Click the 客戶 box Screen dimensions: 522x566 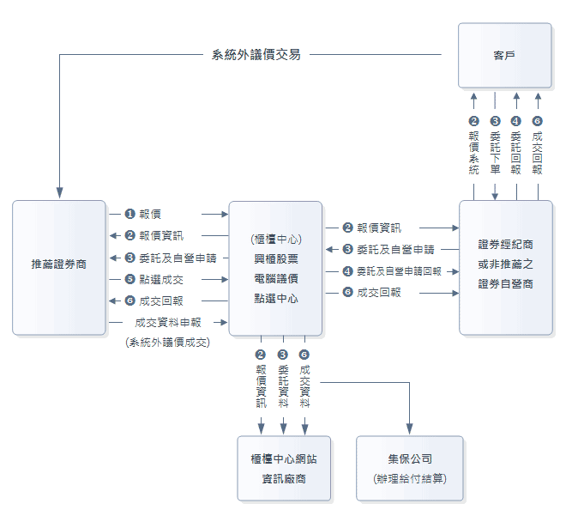pyautogui.click(x=504, y=56)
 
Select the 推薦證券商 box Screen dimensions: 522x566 pyautogui.click(x=58, y=266)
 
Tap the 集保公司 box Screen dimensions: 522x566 pyautogui.click(x=410, y=468)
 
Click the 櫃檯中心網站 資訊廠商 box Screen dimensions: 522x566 pyautogui.click(x=284, y=468)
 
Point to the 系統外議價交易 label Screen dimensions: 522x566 pyautogui.click(x=256, y=55)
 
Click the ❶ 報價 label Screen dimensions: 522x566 pyautogui.click(x=143, y=213)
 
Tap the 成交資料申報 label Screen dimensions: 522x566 pyautogui.click(x=166, y=323)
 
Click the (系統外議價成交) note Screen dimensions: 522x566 pyautogui.click(x=166, y=342)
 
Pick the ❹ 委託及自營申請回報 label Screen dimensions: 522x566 pyautogui.click(x=392, y=271)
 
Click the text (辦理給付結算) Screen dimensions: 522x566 pyautogui.click(x=410, y=478)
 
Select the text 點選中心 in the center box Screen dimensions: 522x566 pyautogui.click(x=275, y=298)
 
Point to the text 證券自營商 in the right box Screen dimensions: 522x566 pyautogui.click(x=505, y=283)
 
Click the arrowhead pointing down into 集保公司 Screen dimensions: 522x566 pyautogui.click(x=410, y=429)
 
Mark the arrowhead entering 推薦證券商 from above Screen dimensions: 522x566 pyautogui.click(x=58, y=193)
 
